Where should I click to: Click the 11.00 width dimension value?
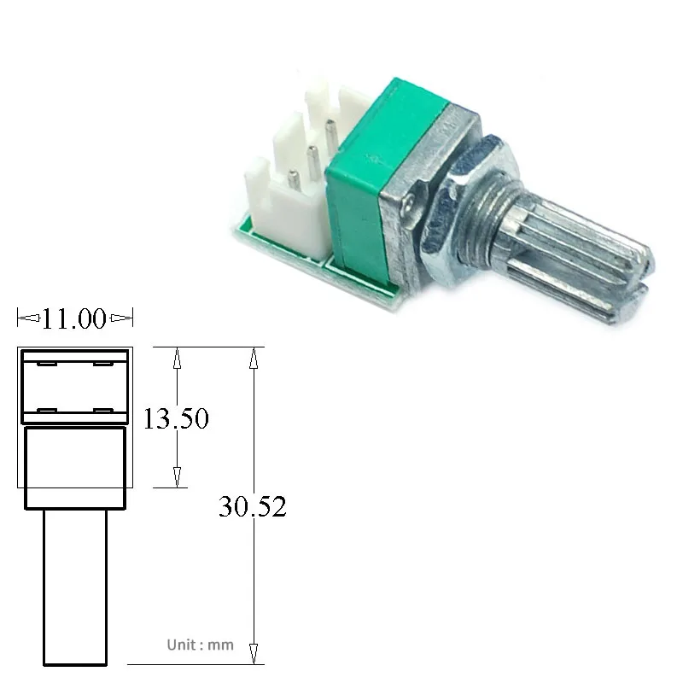tap(75, 320)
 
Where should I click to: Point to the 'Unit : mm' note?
tap(200, 645)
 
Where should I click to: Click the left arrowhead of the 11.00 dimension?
tap(28, 319)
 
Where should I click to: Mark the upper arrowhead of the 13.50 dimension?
tap(177, 358)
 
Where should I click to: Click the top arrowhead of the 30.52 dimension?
tap(254, 358)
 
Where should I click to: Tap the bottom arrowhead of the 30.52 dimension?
tap(254, 653)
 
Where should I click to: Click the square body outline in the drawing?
tap(75, 466)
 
